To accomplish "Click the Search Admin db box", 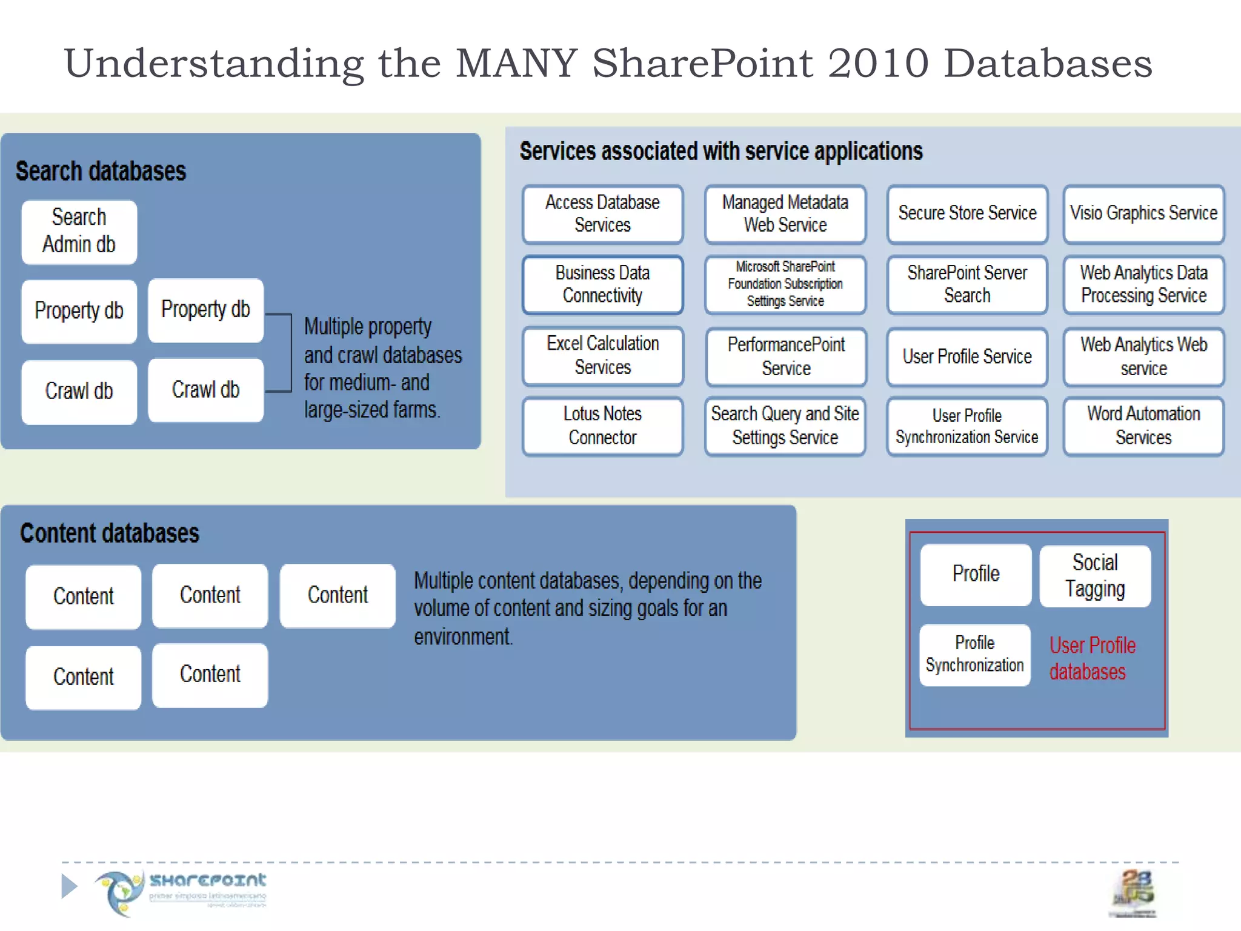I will [79, 232].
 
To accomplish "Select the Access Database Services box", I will [602, 213].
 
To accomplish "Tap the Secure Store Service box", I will [967, 213].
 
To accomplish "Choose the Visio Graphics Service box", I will [1143, 213].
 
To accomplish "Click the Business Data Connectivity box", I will [602, 284].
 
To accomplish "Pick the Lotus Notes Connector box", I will [602, 425].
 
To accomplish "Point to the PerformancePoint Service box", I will [785, 356].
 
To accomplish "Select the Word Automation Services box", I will [1143, 425].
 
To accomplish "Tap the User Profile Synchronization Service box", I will [967, 425].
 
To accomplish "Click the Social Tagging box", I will [1094, 576].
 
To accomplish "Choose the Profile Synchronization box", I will [974, 655].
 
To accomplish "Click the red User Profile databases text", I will [1092, 659].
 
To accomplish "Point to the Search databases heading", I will [101, 172].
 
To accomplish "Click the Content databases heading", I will [110, 533].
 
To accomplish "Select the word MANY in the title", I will [516, 63].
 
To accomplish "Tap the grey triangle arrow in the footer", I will [69, 886].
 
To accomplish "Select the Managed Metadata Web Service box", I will [785, 213].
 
